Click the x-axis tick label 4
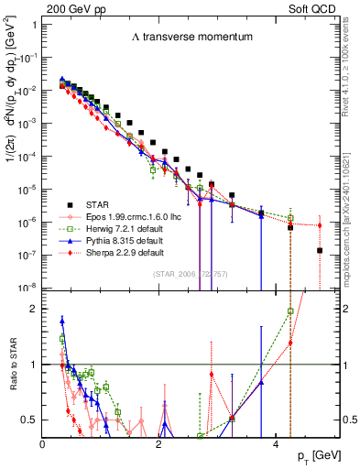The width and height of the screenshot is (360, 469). tap(276, 443)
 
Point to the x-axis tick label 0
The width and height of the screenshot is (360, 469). tap(43, 443)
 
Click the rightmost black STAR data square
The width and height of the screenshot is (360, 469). tap(319, 250)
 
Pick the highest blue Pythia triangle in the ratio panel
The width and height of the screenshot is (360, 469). tap(62, 321)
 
